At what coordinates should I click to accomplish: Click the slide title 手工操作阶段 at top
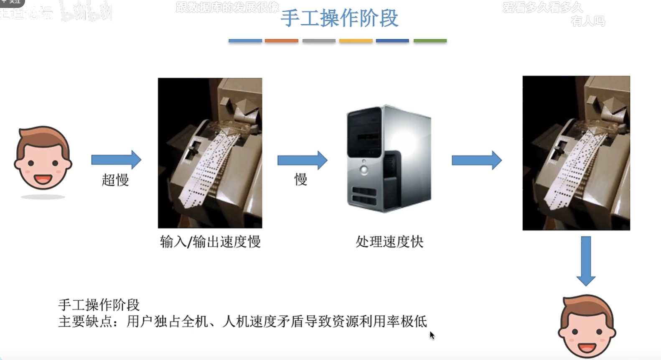[x=339, y=18]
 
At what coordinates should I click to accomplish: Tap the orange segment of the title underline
[x=282, y=41]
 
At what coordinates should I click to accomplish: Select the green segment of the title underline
[x=430, y=41]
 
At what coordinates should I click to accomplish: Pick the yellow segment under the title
[x=356, y=41]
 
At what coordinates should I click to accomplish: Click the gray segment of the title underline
[x=319, y=41]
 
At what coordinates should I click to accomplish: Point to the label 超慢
[x=115, y=180]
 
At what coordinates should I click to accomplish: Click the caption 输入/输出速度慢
[x=210, y=242]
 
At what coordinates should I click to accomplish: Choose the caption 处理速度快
[x=389, y=242]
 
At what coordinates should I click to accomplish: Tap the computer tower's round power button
[x=364, y=169]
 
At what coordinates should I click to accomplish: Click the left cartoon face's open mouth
[x=43, y=179]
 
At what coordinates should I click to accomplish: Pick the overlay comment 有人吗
[x=587, y=21]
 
